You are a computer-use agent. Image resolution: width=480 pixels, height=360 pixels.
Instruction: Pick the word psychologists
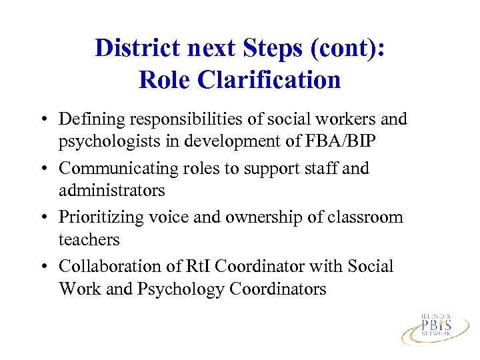click(109, 141)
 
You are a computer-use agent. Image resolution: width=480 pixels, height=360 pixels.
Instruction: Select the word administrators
click(111, 191)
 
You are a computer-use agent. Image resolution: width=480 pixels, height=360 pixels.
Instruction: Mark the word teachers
click(89, 240)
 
